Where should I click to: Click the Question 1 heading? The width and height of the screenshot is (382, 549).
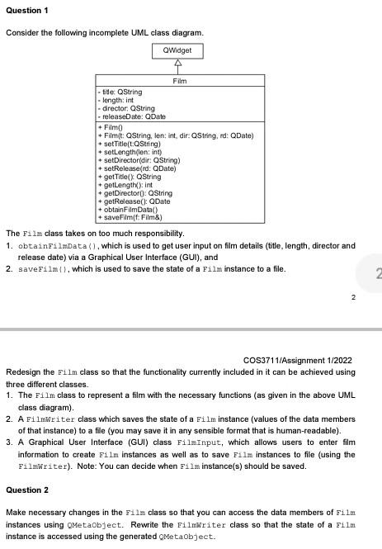[27, 9]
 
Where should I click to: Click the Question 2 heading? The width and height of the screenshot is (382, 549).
[27, 490]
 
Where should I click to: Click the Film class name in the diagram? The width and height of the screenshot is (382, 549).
[180, 81]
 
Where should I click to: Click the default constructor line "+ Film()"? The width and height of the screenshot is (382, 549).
[111, 128]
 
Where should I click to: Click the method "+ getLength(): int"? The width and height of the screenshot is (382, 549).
[128, 186]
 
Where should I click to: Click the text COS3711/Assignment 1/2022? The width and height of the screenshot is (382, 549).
[299, 359]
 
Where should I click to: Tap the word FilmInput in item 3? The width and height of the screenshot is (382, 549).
[209, 443]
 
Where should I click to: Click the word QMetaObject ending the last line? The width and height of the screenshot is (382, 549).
[189, 536]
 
